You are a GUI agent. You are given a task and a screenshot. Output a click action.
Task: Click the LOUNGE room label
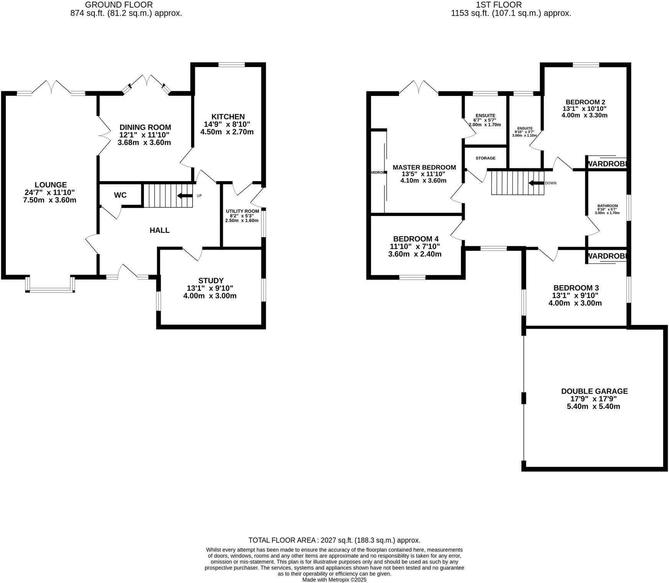tap(50, 185)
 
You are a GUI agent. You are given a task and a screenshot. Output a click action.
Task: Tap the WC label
tap(120, 195)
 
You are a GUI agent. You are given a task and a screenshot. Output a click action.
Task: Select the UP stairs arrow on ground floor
tap(185, 196)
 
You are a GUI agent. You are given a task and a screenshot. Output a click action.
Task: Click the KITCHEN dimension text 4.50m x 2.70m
tap(227, 132)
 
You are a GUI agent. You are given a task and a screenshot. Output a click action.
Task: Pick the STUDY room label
tap(211, 281)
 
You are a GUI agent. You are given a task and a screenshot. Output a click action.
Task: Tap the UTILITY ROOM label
tap(242, 211)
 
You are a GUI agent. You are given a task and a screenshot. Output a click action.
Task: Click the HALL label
tap(160, 230)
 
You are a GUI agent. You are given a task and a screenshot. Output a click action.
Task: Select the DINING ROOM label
tap(145, 127)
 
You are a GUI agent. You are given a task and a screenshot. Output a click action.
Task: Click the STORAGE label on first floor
tap(485, 158)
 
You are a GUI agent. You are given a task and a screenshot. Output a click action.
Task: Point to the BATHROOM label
tap(607, 206)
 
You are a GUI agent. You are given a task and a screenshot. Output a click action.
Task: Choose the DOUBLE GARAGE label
tap(594, 391)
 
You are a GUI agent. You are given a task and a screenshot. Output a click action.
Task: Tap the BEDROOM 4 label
tap(415, 239)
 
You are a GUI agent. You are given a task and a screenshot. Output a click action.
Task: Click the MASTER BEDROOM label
tap(424, 167)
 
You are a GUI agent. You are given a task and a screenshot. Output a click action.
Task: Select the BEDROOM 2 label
tap(585, 102)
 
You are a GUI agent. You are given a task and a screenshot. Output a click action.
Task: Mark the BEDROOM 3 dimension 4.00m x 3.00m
tap(575, 303)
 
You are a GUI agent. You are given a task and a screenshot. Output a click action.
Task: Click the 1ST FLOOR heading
tap(499, 5)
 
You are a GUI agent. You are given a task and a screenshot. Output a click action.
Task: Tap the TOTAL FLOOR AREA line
tap(334, 540)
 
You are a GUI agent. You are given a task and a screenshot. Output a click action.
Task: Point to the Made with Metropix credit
tap(334, 580)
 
